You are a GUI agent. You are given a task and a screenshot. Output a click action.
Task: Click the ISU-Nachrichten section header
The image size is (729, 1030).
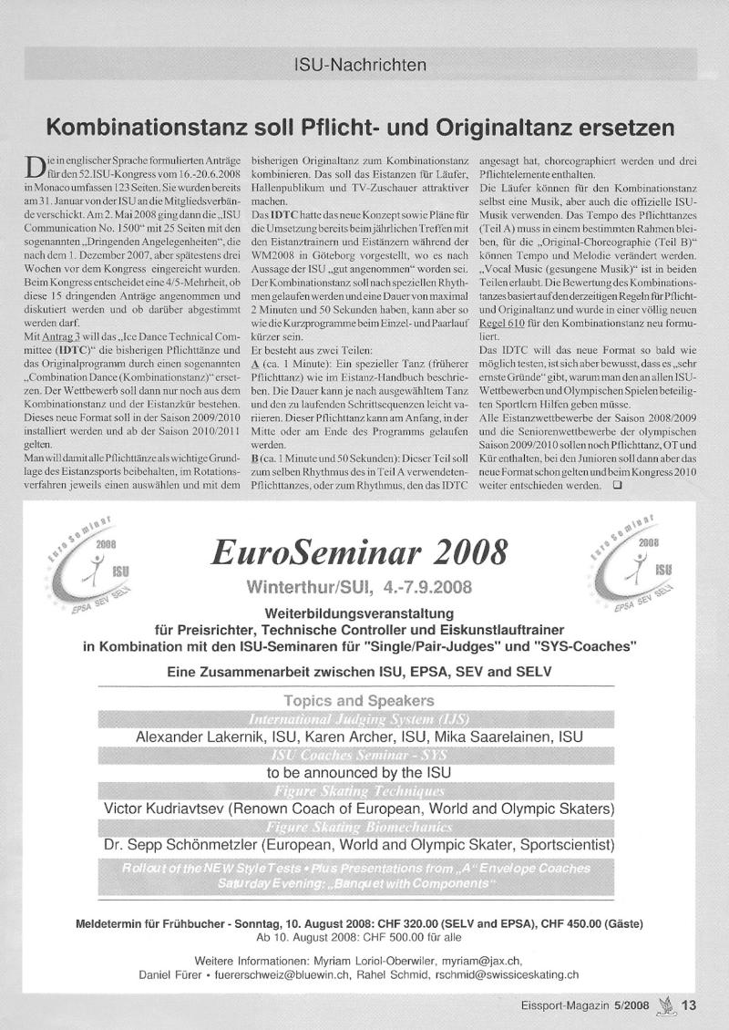(x=362, y=66)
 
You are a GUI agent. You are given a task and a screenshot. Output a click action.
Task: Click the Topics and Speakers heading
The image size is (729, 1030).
(x=359, y=701)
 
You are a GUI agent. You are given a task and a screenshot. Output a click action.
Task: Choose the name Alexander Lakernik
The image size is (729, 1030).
(x=214, y=736)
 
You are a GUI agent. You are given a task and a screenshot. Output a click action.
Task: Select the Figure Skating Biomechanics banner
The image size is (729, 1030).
(x=359, y=826)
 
